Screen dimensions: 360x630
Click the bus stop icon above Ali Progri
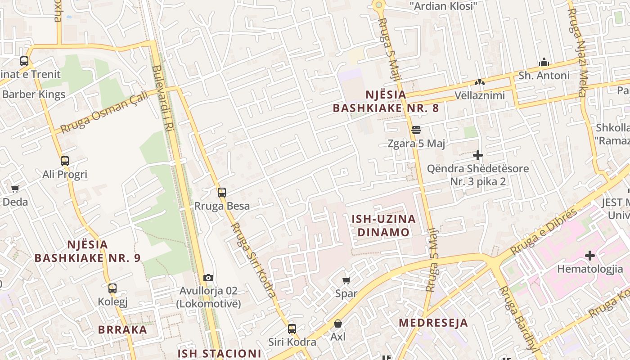pos(65,161)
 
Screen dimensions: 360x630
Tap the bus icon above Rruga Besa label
pos(221,193)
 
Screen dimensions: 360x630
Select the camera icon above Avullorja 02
pos(208,278)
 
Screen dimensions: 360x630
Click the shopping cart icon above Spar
pos(346,280)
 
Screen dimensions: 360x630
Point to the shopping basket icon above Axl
pos(337,324)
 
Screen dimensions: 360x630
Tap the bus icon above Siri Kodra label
pos(292,329)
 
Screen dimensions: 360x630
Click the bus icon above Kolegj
pos(112,288)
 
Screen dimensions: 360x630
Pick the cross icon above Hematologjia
pos(589,256)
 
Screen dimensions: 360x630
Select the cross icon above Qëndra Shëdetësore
pos(478,156)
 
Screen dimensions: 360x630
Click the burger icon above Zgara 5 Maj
pos(416,130)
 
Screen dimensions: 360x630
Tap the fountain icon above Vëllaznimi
pos(479,82)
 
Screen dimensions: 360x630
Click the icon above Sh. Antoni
pos(544,62)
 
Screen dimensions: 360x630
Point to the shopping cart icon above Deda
pos(15,189)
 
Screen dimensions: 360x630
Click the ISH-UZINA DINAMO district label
pos(383,225)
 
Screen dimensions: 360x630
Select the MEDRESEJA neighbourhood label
pos(433,323)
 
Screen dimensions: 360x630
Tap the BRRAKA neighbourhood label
pos(122,329)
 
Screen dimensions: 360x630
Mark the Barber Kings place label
pos(34,94)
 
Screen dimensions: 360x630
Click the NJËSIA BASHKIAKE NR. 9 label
pos(87,251)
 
